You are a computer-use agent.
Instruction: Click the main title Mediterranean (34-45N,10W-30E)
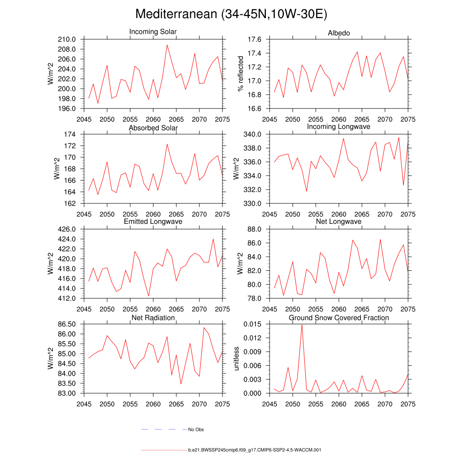pyautogui.click(x=231, y=14)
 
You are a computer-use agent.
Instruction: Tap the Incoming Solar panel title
pyautogui.click(x=153, y=32)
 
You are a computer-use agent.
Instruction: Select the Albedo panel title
pyautogui.click(x=339, y=33)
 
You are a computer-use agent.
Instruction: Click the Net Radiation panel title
pyautogui.click(x=153, y=318)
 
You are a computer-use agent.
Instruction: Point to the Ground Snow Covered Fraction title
pyautogui.click(x=339, y=318)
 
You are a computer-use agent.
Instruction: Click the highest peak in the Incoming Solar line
pyautogui.click(x=167, y=45)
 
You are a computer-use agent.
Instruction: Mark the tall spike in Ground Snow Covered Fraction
pyautogui.click(x=302, y=325)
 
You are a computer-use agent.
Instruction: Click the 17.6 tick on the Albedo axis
pyautogui.click(x=255, y=40)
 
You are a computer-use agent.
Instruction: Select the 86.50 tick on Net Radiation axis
pyautogui.click(x=66, y=324)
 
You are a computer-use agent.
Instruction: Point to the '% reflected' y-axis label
pyautogui.click(x=241, y=74)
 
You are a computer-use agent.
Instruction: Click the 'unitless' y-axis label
pyautogui.click(x=236, y=359)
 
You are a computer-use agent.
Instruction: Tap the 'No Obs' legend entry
pyautogui.click(x=196, y=430)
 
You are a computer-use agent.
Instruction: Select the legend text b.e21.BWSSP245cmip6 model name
pyautogui.click(x=254, y=450)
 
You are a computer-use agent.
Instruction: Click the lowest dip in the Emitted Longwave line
pyautogui.click(x=149, y=296)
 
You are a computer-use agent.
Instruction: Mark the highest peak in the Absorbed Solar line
pyautogui.click(x=167, y=144)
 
